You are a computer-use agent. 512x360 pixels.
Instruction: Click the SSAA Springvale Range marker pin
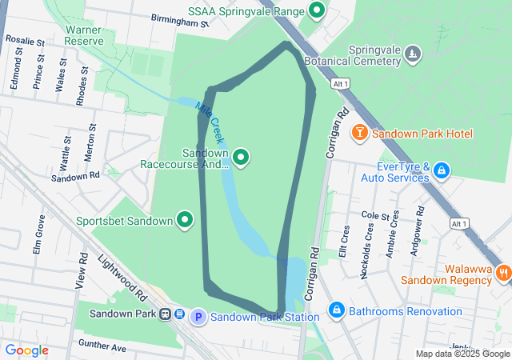click(x=318, y=11)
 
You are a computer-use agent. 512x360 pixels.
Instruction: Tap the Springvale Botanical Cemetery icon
click(x=412, y=53)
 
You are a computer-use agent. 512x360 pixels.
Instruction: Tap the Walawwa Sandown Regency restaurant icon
click(x=503, y=273)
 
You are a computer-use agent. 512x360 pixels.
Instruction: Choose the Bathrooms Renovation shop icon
click(x=337, y=309)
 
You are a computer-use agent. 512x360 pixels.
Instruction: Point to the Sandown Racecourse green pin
click(x=241, y=157)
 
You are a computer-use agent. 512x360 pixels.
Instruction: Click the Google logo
click(x=26, y=350)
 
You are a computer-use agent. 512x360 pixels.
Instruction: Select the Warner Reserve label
click(x=83, y=34)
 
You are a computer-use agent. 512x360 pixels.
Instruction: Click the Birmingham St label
click(x=179, y=21)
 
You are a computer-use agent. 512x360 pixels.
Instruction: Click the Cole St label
click(x=374, y=216)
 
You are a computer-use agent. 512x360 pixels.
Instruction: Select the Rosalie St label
click(x=25, y=38)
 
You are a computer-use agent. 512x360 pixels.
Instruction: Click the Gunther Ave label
click(x=102, y=347)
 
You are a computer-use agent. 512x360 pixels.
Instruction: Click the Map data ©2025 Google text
click(x=462, y=354)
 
